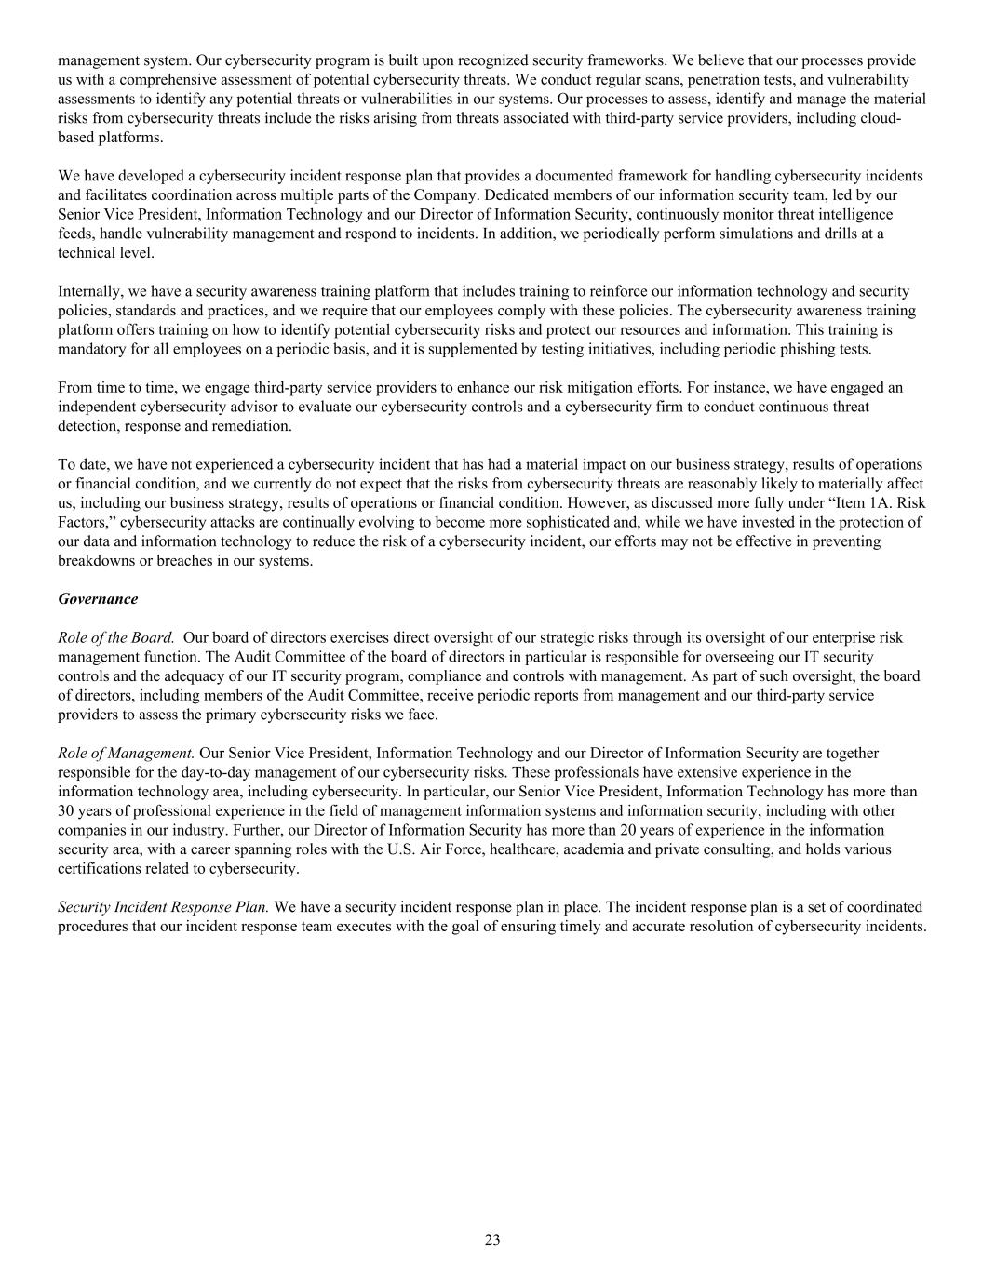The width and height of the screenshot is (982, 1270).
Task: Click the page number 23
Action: click(492, 1239)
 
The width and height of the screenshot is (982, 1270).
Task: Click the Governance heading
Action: click(98, 599)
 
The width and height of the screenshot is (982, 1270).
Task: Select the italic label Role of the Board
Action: click(116, 637)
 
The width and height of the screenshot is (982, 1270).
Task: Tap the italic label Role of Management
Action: click(127, 753)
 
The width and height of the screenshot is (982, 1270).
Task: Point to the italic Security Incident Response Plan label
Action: click(164, 906)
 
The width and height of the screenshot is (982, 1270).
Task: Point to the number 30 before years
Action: click(66, 810)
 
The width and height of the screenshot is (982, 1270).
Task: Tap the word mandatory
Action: click(93, 349)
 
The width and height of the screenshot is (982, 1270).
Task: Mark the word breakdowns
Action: click(97, 561)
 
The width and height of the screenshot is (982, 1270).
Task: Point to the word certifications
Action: click(101, 868)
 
